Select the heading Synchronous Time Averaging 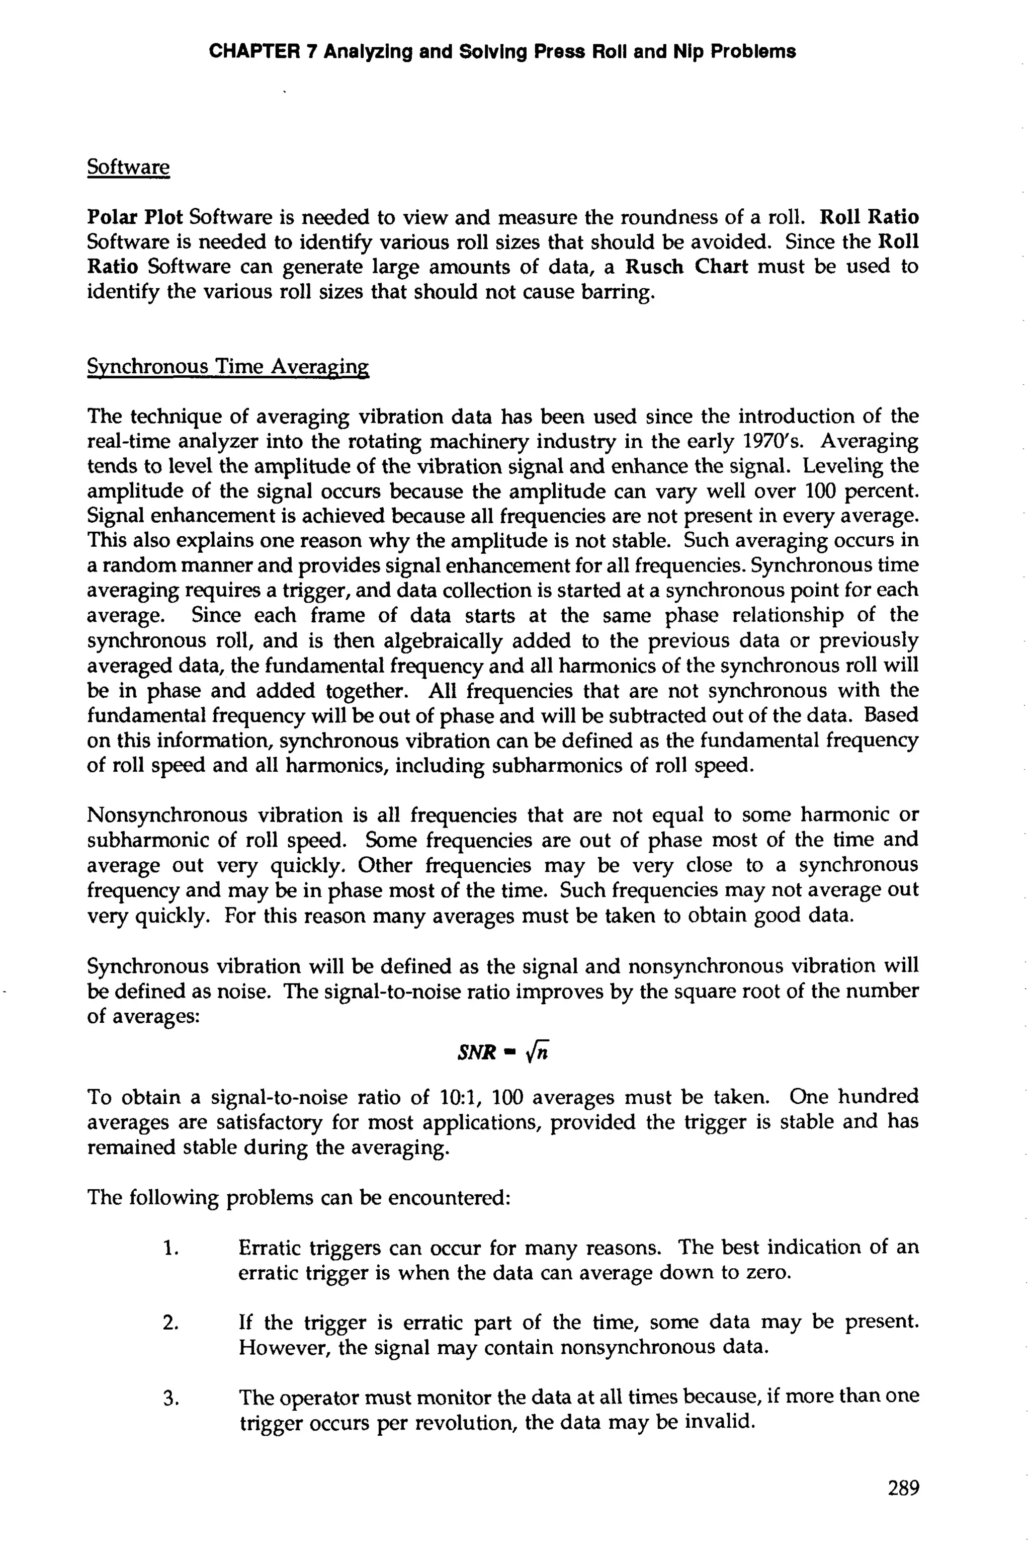[x=227, y=367]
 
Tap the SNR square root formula [x=502, y=1052]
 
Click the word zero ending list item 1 [x=766, y=1273]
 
